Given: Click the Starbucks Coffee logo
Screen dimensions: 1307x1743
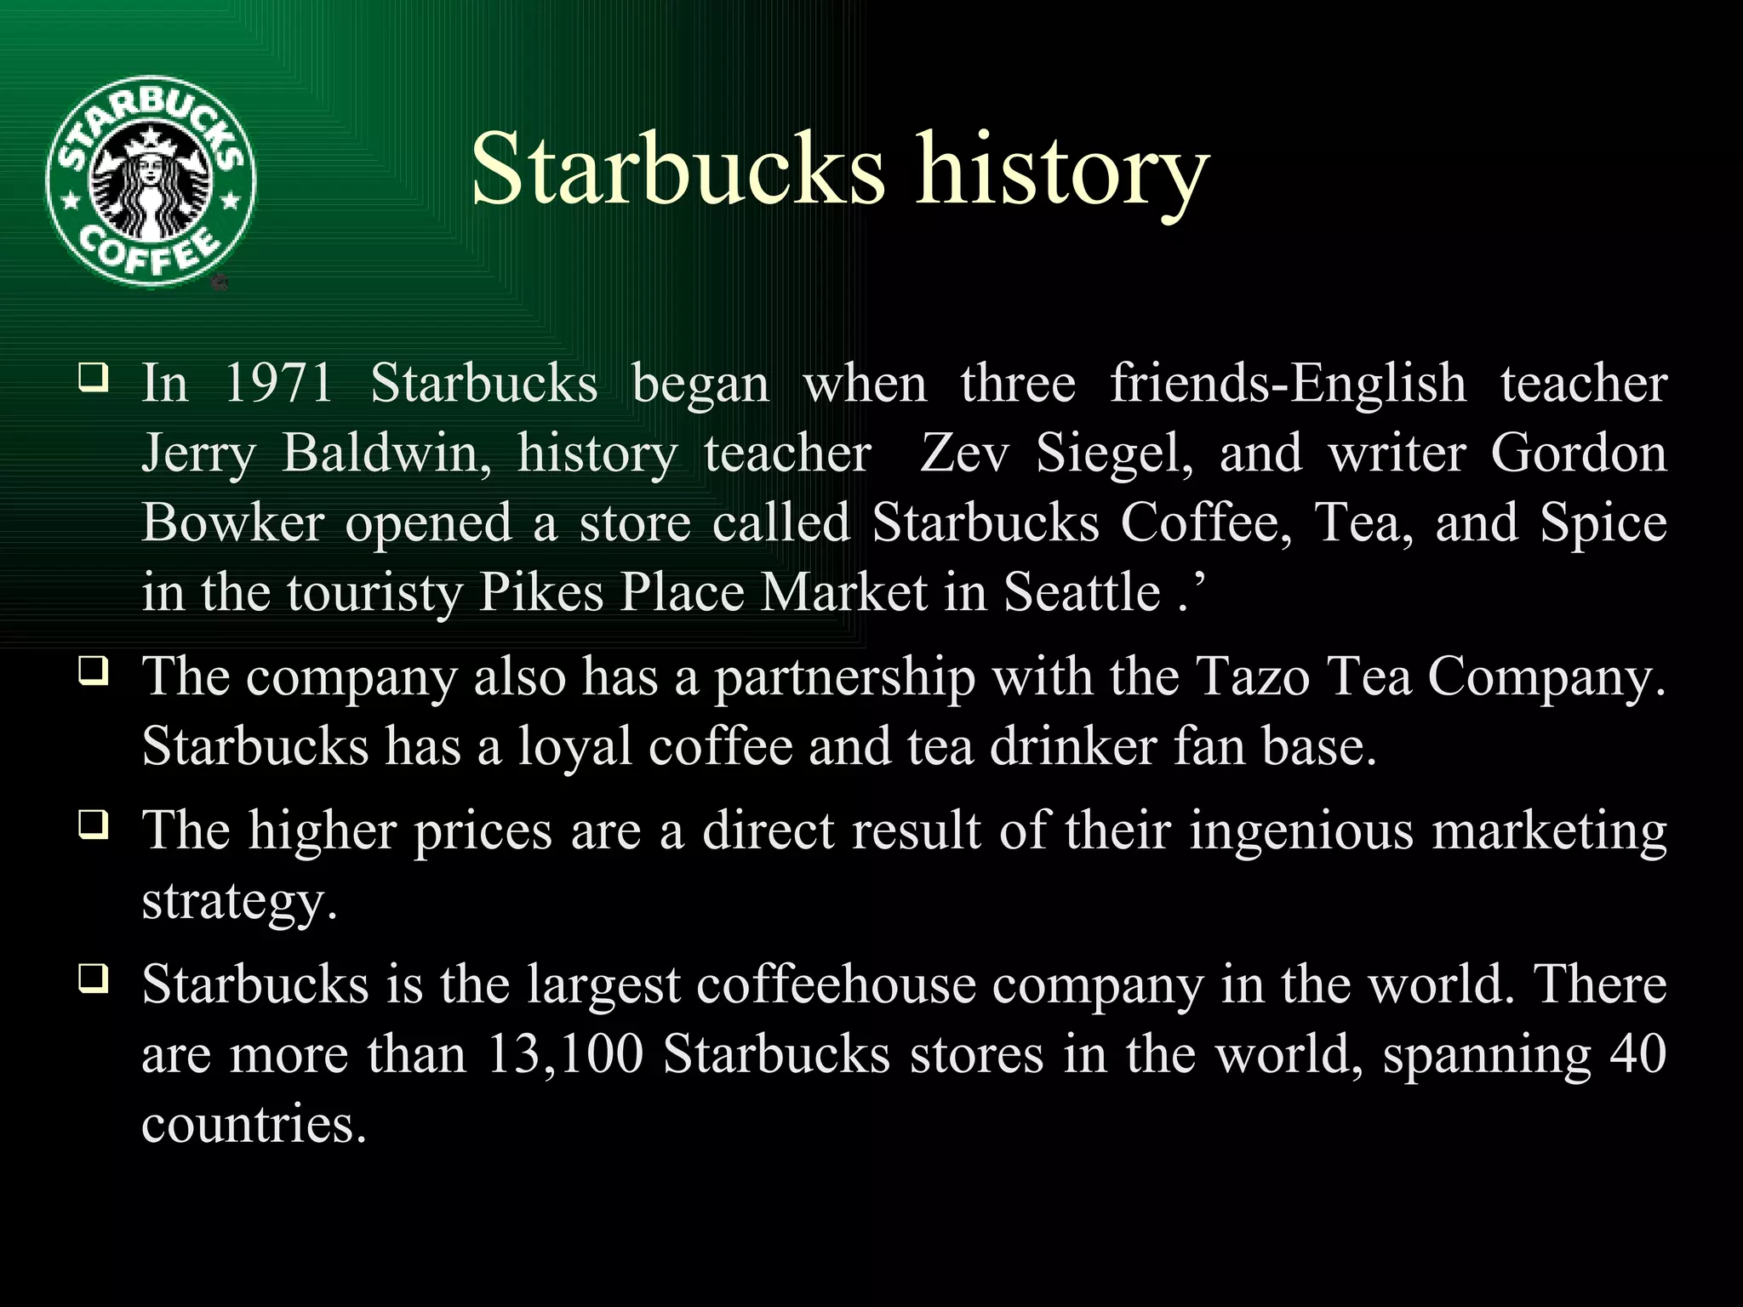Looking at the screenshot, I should (151, 181).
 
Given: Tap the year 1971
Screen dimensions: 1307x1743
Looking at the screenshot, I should (278, 383).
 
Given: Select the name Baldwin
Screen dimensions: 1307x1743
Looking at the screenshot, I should (386, 453).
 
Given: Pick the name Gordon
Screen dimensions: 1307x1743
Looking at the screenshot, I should (1578, 453).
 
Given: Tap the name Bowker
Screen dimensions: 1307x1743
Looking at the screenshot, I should (232, 522).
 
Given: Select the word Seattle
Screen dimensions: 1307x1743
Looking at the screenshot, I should (1082, 592).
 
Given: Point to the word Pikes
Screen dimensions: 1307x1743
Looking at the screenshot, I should (541, 592).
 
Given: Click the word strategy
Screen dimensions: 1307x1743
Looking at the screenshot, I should (239, 900).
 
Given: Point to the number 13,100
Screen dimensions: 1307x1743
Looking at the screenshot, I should (565, 1055).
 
